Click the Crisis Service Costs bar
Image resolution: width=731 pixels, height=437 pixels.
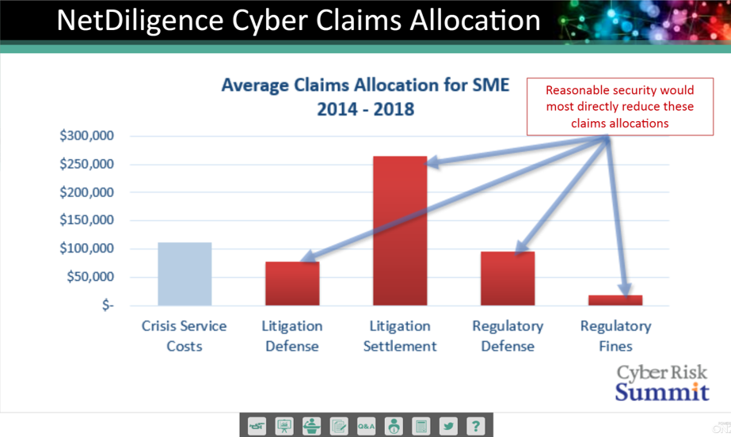tap(185, 274)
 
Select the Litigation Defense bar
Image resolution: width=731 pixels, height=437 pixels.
tap(292, 283)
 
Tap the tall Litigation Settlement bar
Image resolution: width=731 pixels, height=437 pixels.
tap(400, 231)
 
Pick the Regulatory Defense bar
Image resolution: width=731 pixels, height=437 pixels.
tap(508, 279)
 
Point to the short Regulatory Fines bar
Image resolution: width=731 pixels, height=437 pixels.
tap(615, 301)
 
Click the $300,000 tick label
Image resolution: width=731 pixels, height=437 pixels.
tap(86, 135)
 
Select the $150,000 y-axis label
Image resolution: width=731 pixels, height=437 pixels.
tap(86, 220)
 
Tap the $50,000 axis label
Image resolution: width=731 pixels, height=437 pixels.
tap(90, 277)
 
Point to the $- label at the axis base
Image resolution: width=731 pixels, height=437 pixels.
tap(108, 305)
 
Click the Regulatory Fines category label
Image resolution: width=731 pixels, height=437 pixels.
tap(615, 336)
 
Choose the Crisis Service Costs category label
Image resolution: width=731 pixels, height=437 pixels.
tap(185, 336)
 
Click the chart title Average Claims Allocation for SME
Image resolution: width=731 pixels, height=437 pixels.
tap(366, 85)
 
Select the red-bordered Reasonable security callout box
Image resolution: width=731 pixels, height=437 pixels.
tap(620, 107)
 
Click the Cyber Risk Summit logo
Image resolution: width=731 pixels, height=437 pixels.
tap(662, 382)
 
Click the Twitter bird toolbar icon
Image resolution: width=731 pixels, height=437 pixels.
tap(448, 426)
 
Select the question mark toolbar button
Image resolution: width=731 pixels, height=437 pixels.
tap(475, 426)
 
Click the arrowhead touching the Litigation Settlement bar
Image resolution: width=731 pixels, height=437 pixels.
tap(432, 162)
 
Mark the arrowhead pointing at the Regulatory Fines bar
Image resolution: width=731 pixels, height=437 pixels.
tap(626, 290)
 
